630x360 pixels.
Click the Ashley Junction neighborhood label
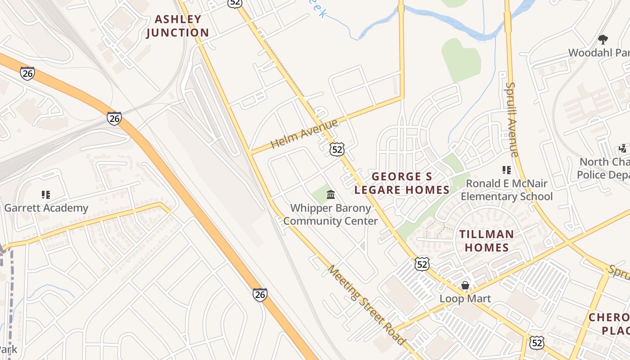click(177, 26)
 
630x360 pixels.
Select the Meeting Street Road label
click(366, 305)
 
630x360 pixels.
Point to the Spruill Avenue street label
click(513, 119)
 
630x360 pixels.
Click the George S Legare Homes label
click(402, 183)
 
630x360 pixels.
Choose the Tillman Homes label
click(486, 241)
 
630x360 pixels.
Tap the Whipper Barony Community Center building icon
click(331, 195)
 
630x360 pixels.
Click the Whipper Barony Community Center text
click(331, 215)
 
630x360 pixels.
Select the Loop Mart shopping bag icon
click(465, 286)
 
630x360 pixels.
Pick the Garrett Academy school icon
click(45, 195)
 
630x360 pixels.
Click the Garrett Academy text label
click(46, 208)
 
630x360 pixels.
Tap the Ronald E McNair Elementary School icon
click(507, 170)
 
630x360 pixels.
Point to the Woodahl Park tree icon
click(603, 40)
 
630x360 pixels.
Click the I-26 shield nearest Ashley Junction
click(27, 73)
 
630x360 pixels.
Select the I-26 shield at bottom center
click(260, 295)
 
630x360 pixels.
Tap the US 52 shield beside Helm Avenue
click(337, 149)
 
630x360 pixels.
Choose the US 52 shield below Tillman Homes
click(422, 264)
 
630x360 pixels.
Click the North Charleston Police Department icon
click(623, 148)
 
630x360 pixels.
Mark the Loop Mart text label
click(465, 299)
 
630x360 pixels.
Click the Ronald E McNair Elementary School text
click(507, 190)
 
